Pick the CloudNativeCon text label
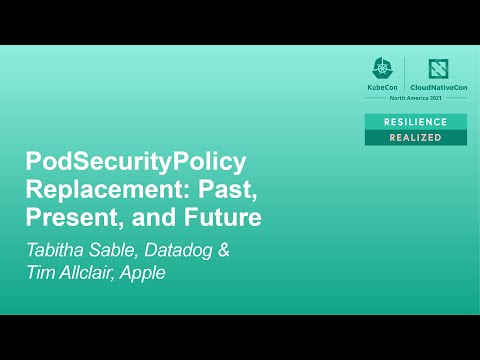coord(439,88)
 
